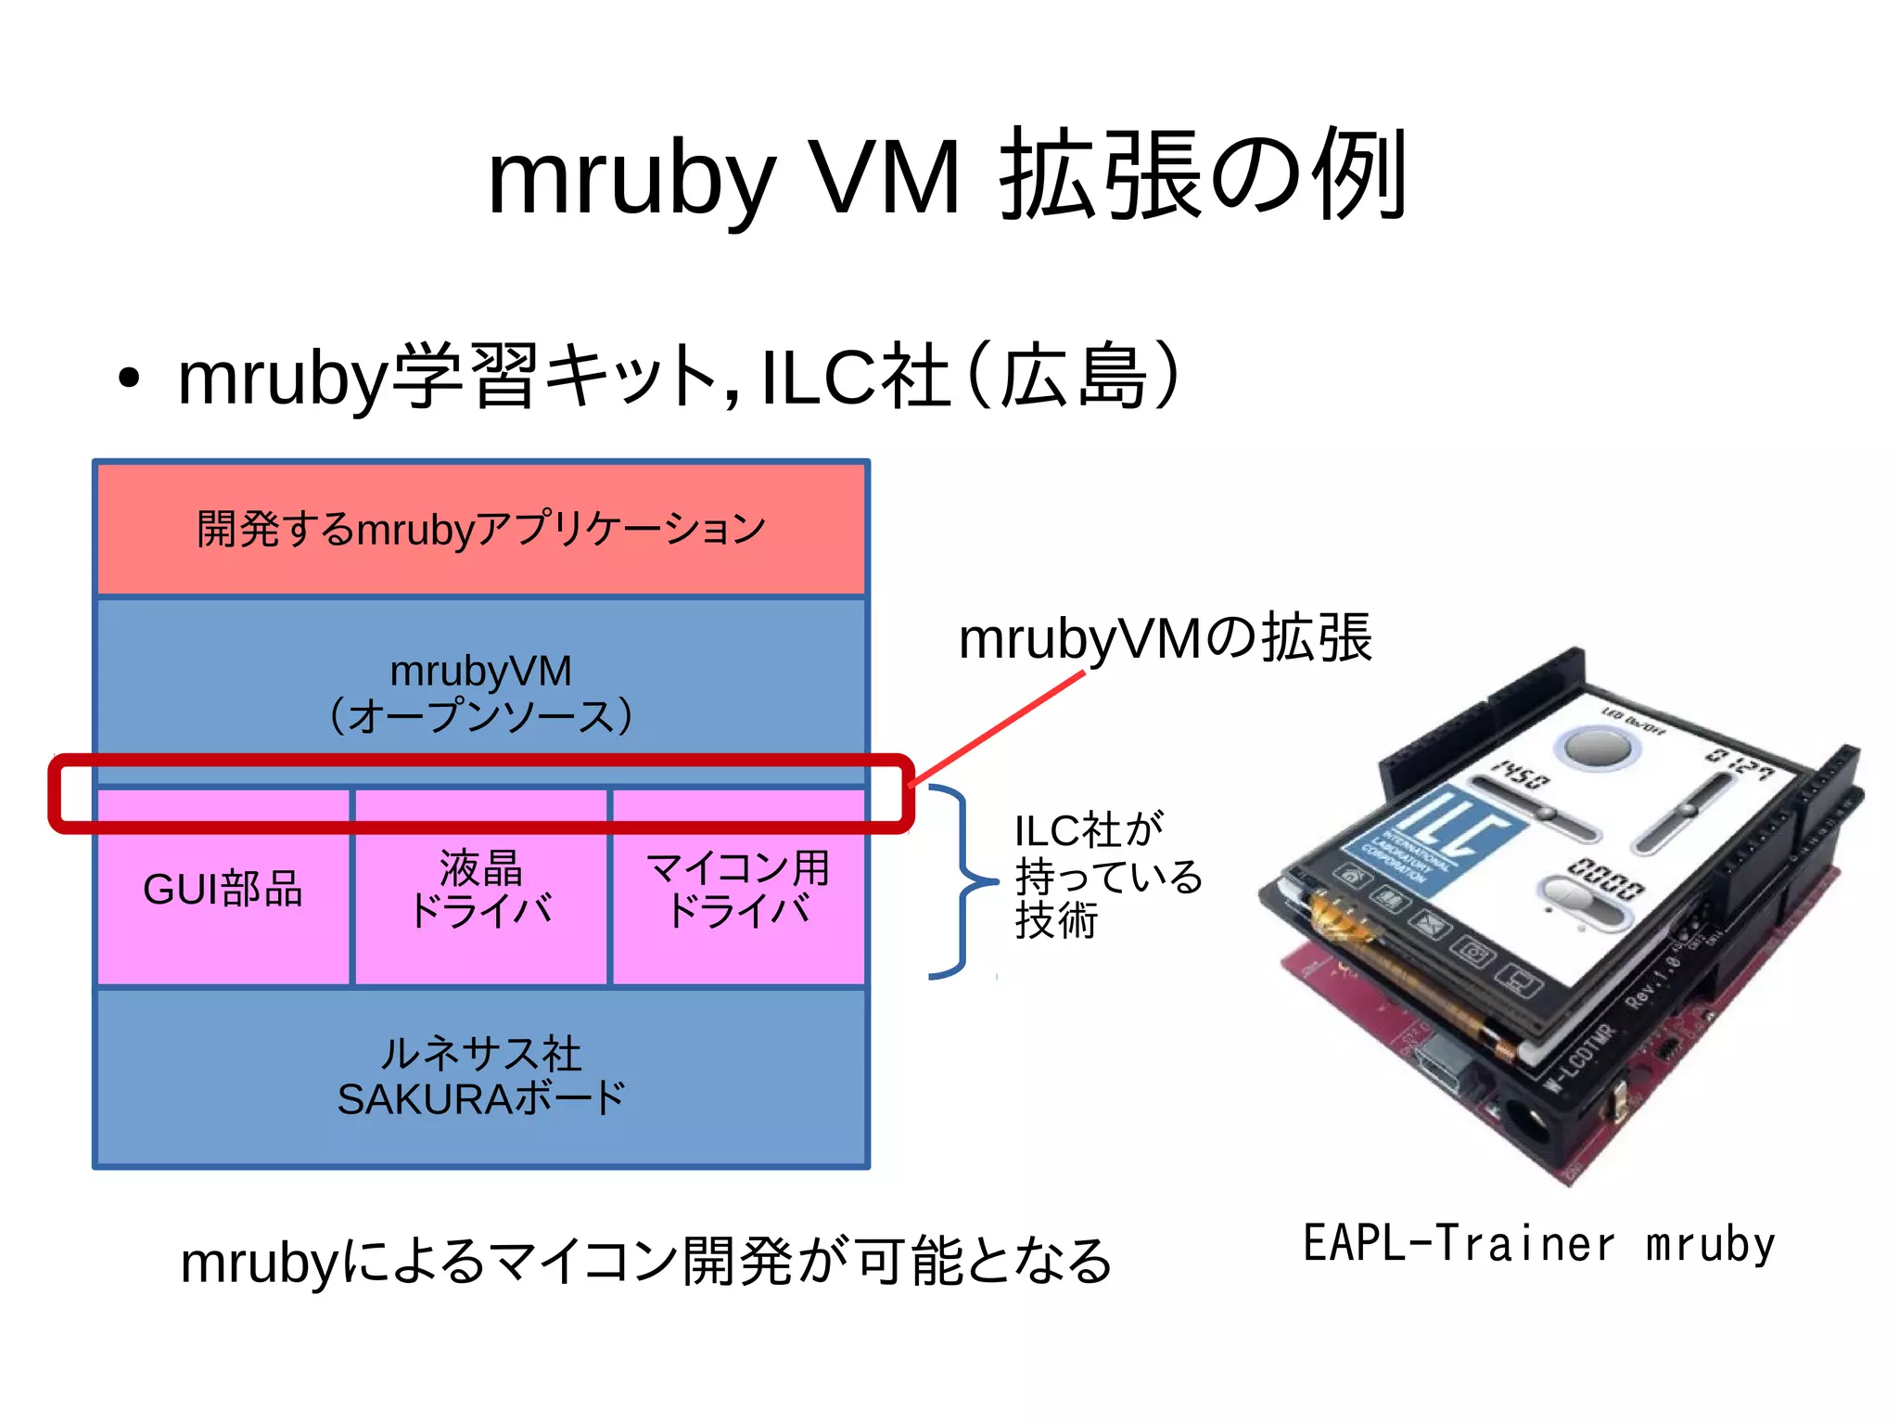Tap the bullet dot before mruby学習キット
(x=129, y=378)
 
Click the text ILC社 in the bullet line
(x=854, y=377)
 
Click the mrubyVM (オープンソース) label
(x=480, y=692)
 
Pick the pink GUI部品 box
(x=223, y=889)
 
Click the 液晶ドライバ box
(x=480, y=889)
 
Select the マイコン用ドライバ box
(x=738, y=889)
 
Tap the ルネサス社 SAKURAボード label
(x=480, y=1077)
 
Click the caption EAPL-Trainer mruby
(x=1539, y=1243)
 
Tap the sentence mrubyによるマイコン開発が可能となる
(x=646, y=1262)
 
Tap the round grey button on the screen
(x=1597, y=748)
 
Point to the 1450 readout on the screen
(x=1521, y=775)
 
